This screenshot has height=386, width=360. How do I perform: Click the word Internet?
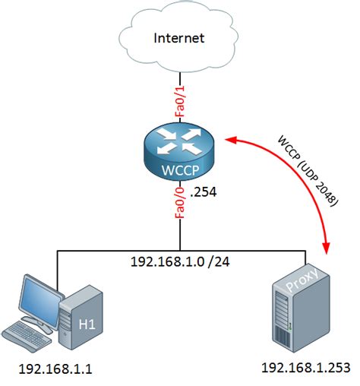pyautogui.click(x=179, y=38)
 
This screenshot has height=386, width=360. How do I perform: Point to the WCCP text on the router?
pyautogui.click(x=180, y=168)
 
